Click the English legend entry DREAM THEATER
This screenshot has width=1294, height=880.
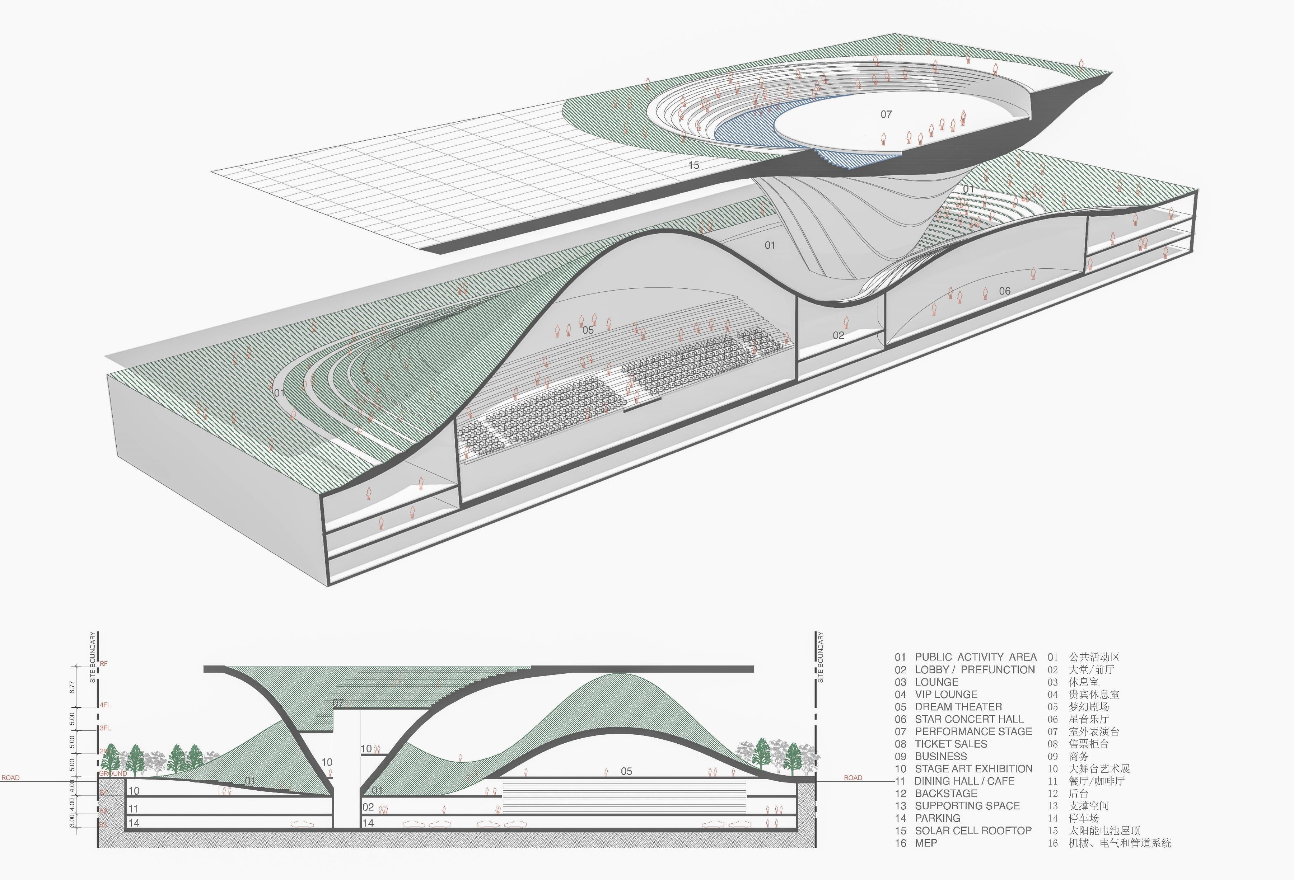tap(958, 707)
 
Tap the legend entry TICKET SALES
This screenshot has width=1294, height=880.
tap(950, 744)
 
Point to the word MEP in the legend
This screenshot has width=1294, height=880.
tap(925, 843)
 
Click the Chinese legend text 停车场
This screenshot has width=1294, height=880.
tap(1084, 818)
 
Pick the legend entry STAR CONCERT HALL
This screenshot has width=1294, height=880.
tap(969, 719)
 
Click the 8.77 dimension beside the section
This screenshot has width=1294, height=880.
tap(72, 687)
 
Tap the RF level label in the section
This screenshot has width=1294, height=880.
tap(104, 663)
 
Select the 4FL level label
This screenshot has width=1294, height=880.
tap(105, 705)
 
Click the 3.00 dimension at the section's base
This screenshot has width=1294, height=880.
tap(72, 820)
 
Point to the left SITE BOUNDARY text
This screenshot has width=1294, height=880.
tap(93, 657)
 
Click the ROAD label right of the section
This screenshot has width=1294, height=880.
tap(852, 778)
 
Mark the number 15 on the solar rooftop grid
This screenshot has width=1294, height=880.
tap(693, 165)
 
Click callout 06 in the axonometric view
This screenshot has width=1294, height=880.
tap(1004, 291)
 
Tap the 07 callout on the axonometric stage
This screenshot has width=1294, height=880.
tap(886, 114)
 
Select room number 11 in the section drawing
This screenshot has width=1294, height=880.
tap(133, 809)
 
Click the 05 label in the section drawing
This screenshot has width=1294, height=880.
tap(626, 771)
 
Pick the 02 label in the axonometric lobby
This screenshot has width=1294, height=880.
tap(838, 335)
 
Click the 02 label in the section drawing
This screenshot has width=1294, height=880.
tap(368, 807)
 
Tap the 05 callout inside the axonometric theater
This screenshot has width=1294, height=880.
tap(588, 330)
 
